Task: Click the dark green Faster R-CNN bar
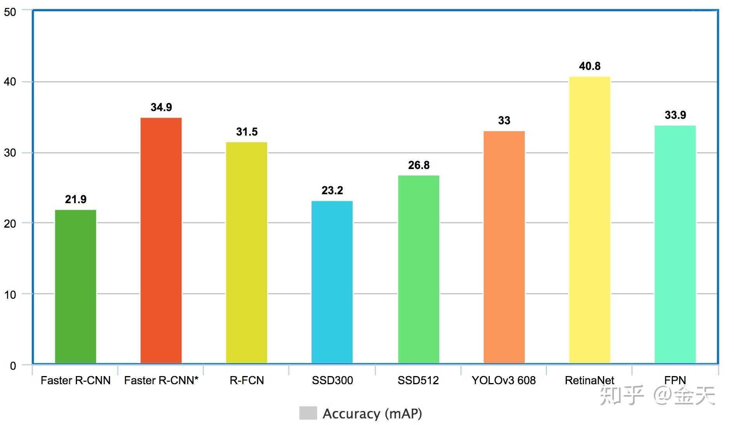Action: click(x=75, y=286)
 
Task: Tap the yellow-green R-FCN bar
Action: click(x=246, y=253)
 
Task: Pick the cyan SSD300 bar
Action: click(x=332, y=282)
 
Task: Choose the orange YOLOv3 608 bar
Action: click(x=504, y=247)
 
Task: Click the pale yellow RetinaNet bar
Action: click(x=589, y=220)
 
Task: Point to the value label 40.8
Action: click(x=589, y=66)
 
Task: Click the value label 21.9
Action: click(x=75, y=200)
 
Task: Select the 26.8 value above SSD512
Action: click(x=419, y=165)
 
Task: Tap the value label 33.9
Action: click(x=675, y=115)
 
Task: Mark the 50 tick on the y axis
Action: click(x=10, y=12)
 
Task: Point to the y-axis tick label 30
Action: click(x=10, y=153)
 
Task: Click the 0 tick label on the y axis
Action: click(x=13, y=366)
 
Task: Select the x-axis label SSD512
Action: click(x=418, y=380)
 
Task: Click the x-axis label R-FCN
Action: click(x=246, y=380)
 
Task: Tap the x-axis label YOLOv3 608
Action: click(x=503, y=380)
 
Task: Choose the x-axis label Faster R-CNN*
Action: click(x=161, y=380)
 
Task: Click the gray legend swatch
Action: click(x=308, y=413)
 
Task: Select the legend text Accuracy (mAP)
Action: click(x=372, y=414)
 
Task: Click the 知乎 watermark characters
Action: click(x=621, y=395)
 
